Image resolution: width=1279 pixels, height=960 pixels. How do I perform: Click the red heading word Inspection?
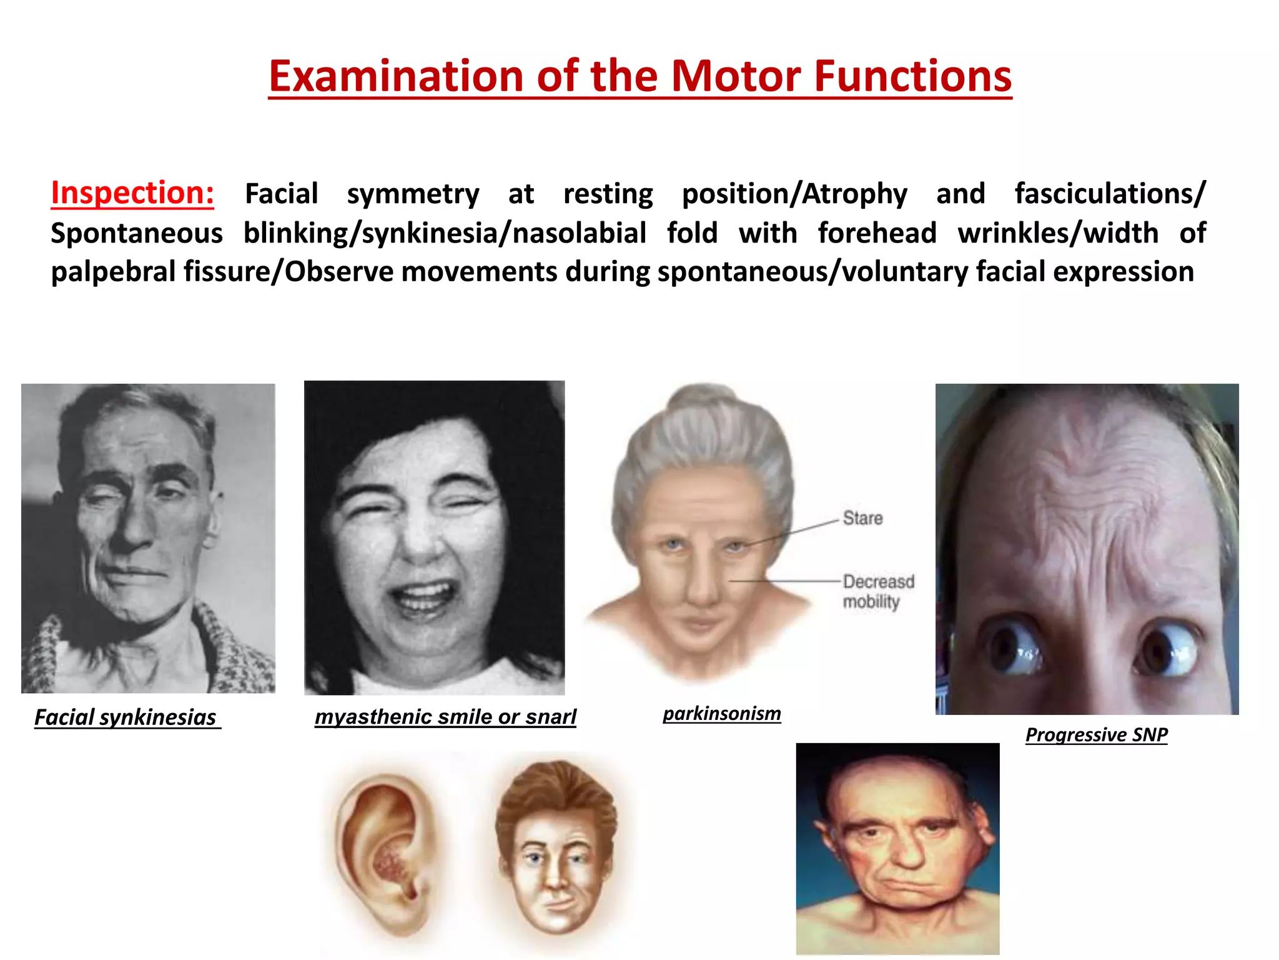[132, 193]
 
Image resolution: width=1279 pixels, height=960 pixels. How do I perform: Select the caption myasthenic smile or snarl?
[445, 717]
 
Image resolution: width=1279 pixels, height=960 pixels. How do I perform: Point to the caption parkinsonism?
[722, 714]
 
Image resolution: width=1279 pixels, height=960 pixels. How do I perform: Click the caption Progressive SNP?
[1097, 735]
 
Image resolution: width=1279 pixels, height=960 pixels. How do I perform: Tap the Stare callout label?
[862, 518]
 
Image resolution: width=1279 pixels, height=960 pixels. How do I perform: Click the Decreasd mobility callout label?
[878, 591]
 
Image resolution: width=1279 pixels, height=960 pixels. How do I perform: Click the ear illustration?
[382, 853]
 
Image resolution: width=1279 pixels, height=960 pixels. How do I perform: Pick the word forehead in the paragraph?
[877, 233]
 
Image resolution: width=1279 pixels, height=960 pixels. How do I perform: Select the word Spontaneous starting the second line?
[137, 233]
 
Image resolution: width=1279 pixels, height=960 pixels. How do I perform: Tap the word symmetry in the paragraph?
[413, 194]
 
